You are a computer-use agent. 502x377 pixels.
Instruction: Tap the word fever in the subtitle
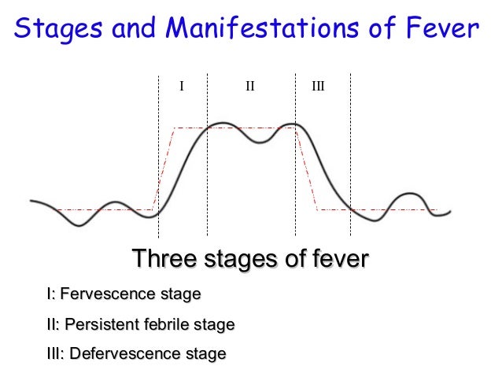336,258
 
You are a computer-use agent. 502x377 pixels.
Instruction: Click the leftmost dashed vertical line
158,157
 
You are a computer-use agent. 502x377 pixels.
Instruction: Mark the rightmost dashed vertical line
350,157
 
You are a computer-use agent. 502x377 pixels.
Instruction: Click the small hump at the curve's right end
408,194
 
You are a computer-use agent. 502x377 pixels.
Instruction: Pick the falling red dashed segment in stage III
307,169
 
